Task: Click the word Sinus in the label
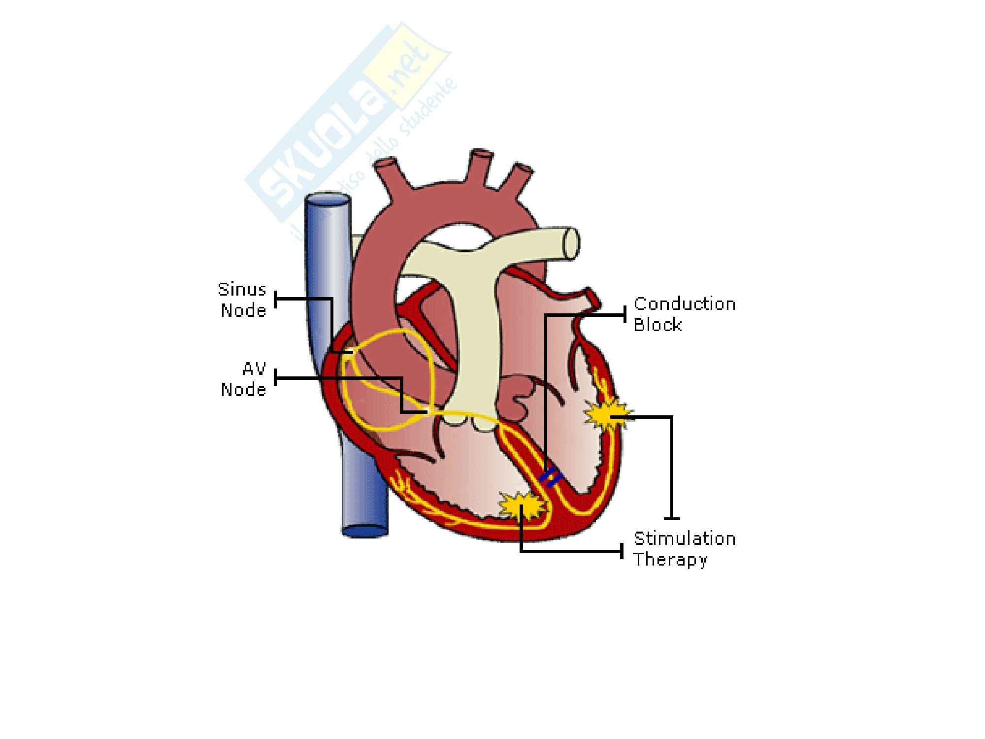click(x=242, y=290)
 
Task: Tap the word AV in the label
click(x=254, y=369)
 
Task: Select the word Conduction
click(x=684, y=304)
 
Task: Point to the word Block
click(x=657, y=325)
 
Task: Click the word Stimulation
click(x=684, y=538)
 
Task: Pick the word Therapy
click(x=670, y=560)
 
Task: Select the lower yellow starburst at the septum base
click(x=523, y=505)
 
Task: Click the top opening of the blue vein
click(x=328, y=201)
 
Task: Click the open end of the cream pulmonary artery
click(x=571, y=242)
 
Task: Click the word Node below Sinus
click(x=243, y=310)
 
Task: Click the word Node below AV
click(x=243, y=390)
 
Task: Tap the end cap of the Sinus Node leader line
click(x=275, y=299)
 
